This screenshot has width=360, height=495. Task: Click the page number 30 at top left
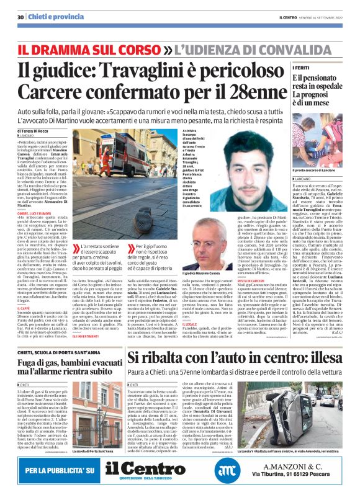point(20,17)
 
